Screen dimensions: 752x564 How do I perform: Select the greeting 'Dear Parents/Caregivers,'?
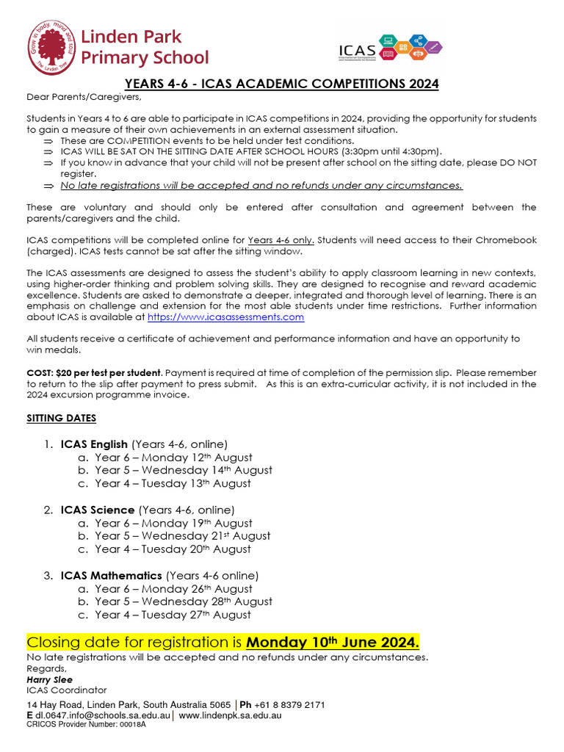[83, 97]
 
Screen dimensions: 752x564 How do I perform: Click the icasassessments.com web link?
[225, 317]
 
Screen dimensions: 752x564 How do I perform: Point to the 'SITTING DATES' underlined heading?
[61, 418]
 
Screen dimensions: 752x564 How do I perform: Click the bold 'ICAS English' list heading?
[94, 444]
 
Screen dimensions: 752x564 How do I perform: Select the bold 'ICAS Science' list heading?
[98, 510]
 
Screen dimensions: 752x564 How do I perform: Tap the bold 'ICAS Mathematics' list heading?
[112, 576]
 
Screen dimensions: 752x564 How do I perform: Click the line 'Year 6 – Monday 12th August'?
[173, 458]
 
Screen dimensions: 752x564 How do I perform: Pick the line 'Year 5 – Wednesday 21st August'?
[182, 536]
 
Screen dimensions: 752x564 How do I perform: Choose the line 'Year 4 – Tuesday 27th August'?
[173, 615]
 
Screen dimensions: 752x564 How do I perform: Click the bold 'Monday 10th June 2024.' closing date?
[333, 642]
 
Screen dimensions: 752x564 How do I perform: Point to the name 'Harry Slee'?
[49, 679]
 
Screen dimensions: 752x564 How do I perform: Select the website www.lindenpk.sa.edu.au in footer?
[230, 715]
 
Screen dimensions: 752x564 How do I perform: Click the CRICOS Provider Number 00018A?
[86, 724]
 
